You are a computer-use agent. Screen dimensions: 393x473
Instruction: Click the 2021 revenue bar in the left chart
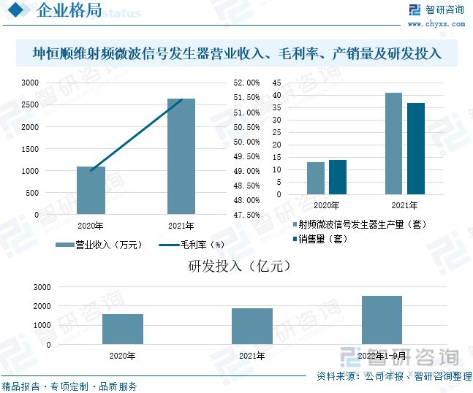[x=181, y=156]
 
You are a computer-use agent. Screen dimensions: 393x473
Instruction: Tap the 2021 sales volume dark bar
[x=415, y=149]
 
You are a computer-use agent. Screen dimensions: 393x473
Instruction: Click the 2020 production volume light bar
[x=315, y=178]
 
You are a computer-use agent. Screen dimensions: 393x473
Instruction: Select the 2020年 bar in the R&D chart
[x=122, y=329]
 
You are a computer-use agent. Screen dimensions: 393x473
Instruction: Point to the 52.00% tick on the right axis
[x=247, y=83]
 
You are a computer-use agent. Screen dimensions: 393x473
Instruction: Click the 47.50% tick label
[x=247, y=215]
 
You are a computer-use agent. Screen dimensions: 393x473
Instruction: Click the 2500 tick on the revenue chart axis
[x=29, y=105]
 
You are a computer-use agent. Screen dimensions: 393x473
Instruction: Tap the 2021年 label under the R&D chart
[x=251, y=356]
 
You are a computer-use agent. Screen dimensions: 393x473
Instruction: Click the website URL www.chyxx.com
[x=435, y=23]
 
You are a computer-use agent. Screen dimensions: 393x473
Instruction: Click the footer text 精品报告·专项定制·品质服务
[x=69, y=386]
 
